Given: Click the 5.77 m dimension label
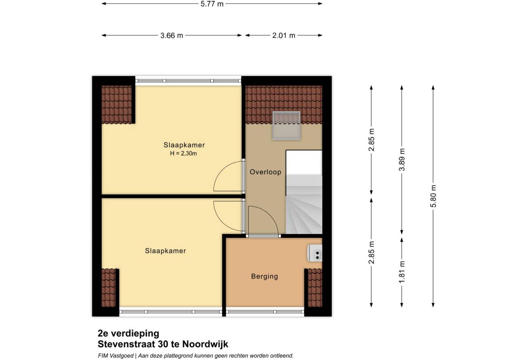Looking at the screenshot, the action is point(212,4).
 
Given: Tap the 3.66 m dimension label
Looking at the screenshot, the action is point(172,36).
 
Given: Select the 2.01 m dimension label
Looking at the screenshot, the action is point(284,36).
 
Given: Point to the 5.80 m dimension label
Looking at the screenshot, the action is point(433,196).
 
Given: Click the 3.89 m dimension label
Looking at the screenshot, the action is point(402,160).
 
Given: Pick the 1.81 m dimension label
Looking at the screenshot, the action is point(402,272).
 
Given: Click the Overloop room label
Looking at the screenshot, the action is point(265,172).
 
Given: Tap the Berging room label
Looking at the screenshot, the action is point(264,276).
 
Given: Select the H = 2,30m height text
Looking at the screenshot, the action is point(183,153).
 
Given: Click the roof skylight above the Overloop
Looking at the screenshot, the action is point(286,125).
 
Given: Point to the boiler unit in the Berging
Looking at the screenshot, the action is point(315,253).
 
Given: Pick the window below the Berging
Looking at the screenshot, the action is point(265,312).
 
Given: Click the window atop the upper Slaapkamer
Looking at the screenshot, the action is point(188,81).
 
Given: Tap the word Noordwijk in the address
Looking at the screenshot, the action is point(205,344).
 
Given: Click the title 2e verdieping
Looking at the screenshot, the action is point(128,333).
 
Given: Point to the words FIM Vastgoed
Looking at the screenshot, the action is point(116,356).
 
